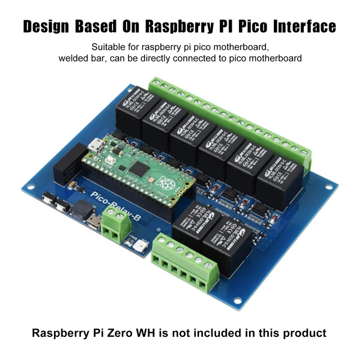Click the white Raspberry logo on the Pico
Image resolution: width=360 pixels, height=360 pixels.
(x=165, y=183)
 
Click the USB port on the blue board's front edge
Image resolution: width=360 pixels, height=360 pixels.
(x=94, y=222)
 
